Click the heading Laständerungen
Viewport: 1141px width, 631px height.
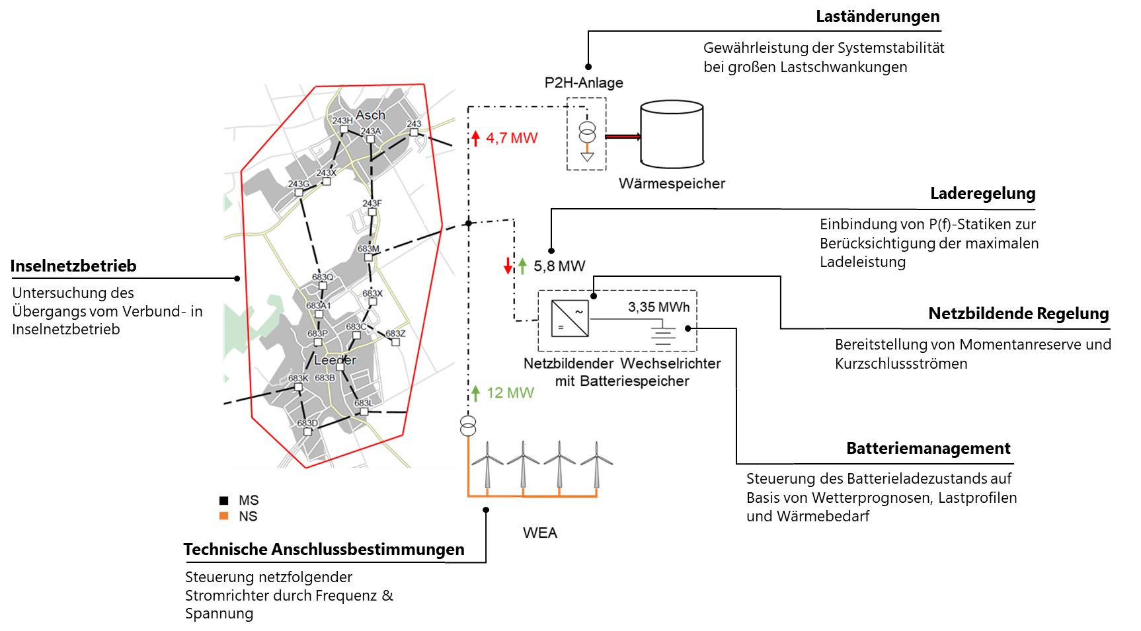click(877, 17)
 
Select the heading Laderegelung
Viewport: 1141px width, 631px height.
click(982, 194)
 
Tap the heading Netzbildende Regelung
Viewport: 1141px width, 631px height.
click(1019, 314)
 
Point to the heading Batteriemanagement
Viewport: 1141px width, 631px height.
click(928, 449)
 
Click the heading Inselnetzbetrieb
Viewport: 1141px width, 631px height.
click(73, 266)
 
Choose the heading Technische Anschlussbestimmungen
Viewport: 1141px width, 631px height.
click(324, 550)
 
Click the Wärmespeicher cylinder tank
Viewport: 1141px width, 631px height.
click(672, 134)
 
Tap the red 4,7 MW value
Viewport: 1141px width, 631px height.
click(512, 138)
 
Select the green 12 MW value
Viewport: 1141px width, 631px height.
click(510, 393)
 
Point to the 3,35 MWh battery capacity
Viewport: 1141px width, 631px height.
click(658, 307)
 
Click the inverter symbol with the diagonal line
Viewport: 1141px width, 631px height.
click(570, 318)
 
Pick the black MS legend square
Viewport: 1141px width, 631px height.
click(224, 501)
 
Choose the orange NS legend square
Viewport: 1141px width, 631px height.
click(224, 516)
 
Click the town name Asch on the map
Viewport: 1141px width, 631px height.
click(370, 115)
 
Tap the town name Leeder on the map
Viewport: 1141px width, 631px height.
click(334, 360)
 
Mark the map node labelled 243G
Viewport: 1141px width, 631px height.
click(299, 192)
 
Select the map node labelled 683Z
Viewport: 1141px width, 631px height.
click(395, 342)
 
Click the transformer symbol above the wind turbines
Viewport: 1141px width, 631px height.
click(468, 426)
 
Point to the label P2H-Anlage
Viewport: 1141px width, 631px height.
click(584, 83)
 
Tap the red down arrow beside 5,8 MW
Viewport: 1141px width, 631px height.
click(508, 266)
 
